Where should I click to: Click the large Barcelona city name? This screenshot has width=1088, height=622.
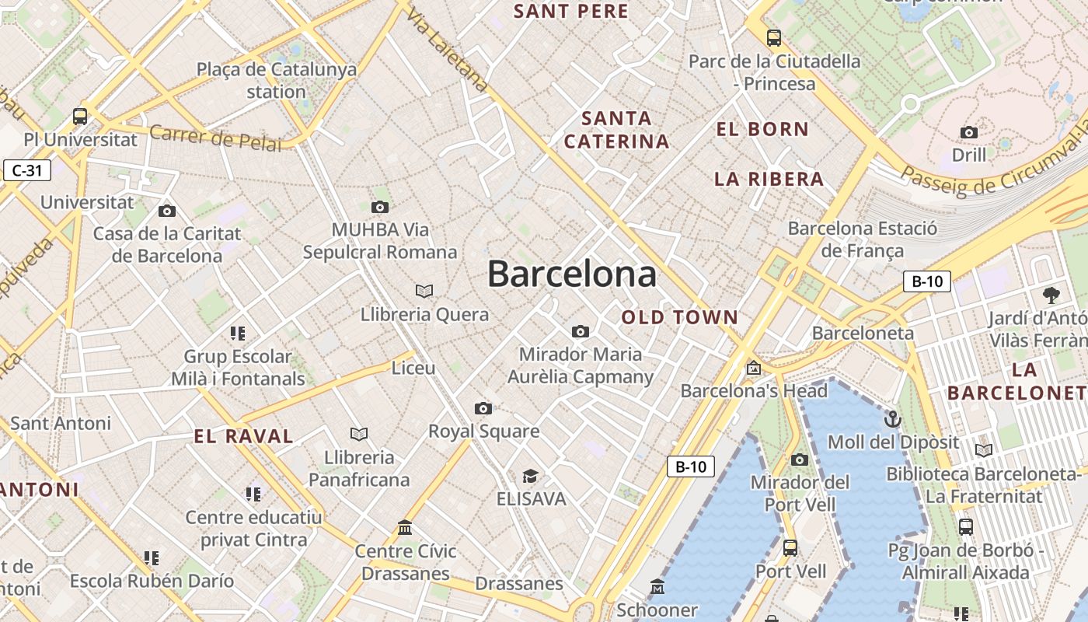pyautogui.click(x=571, y=274)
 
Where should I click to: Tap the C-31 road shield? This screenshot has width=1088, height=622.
pyautogui.click(x=27, y=170)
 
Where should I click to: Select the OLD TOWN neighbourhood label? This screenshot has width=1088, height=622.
pyautogui.click(x=679, y=317)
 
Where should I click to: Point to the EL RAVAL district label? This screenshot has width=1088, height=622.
pyautogui.click(x=243, y=436)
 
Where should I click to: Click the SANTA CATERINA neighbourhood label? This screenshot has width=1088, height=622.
pyautogui.click(x=616, y=130)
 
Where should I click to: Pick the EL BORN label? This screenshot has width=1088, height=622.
pyautogui.click(x=762, y=129)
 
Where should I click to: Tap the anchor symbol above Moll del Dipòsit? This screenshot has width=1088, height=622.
pyautogui.click(x=893, y=420)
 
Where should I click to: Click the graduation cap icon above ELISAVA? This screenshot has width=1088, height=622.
pyautogui.click(x=530, y=476)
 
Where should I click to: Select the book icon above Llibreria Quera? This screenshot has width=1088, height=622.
pyautogui.click(x=424, y=292)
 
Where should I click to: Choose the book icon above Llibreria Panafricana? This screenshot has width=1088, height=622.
pyautogui.click(x=358, y=434)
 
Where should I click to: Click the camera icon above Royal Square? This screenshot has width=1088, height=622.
pyautogui.click(x=483, y=408)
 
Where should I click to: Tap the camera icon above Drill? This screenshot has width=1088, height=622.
pyautogui.click(x=968, y=132)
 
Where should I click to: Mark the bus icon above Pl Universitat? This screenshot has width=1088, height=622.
pyautogui.click(x=80, y=117)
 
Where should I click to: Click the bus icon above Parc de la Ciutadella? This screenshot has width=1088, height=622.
pyautogui.click(x=773, y=37)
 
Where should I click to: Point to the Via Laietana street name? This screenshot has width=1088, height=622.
pyautogui.click(x=447, y=50)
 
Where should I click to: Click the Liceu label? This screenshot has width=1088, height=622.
pyautogui.click(x=413, y=368)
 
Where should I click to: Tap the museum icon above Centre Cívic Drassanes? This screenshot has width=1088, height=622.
pyautogui.click(x=405, y=529)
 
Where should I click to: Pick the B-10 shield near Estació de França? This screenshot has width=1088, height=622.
pyautogui.click(x=926, y=281)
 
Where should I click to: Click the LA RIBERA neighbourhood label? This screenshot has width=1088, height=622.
pyautogui.click(x=769, y=179)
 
